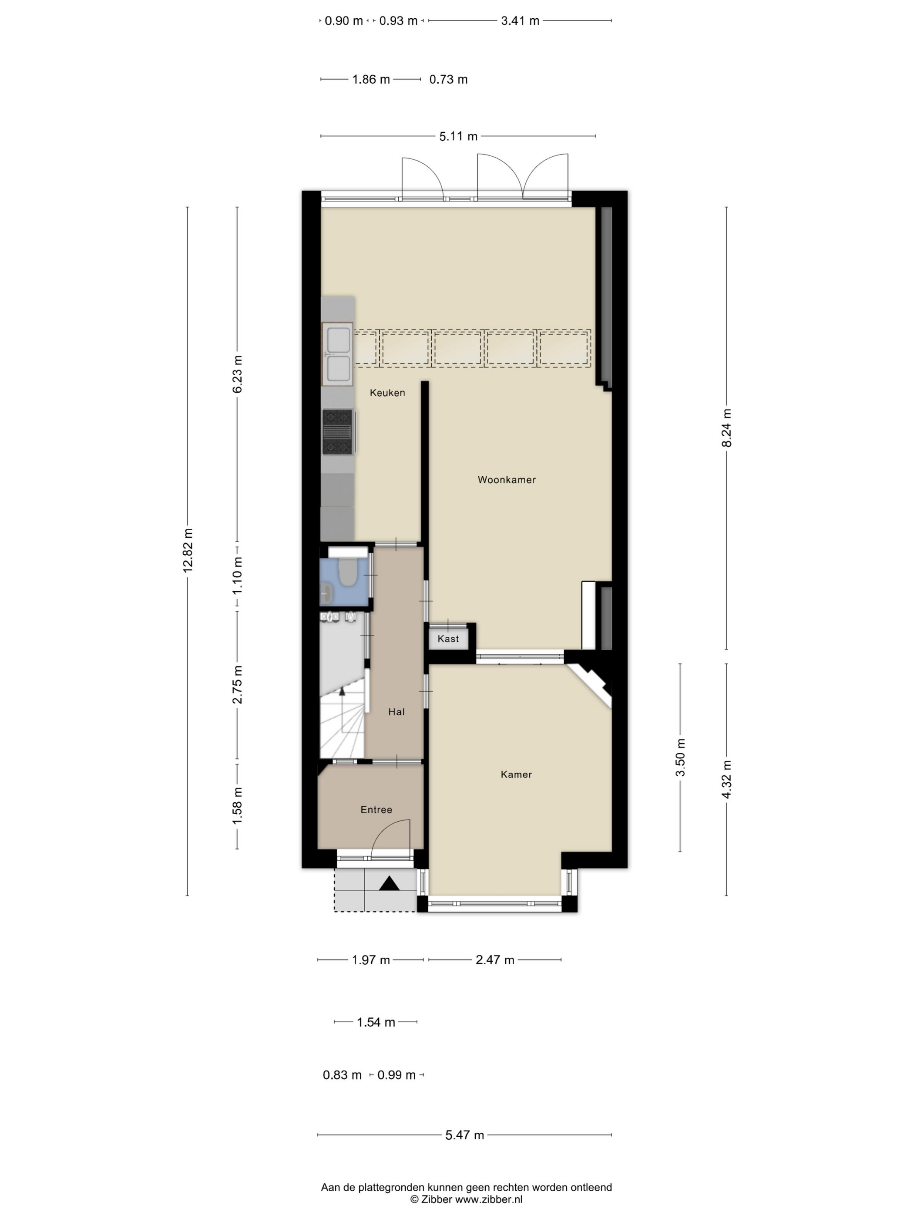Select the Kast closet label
(x=448, y=639)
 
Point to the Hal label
(x=396, y=711)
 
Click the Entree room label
(x=376, y=809)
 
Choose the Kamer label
(x=516, y=774)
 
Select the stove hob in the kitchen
(x=337, y=431)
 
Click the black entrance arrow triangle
(x=390, y=883)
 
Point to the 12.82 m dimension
(x=188, y=551)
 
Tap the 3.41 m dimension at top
(x=520, y=21)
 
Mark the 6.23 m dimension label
(x=238, y=374)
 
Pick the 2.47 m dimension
(x=495, y=960)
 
